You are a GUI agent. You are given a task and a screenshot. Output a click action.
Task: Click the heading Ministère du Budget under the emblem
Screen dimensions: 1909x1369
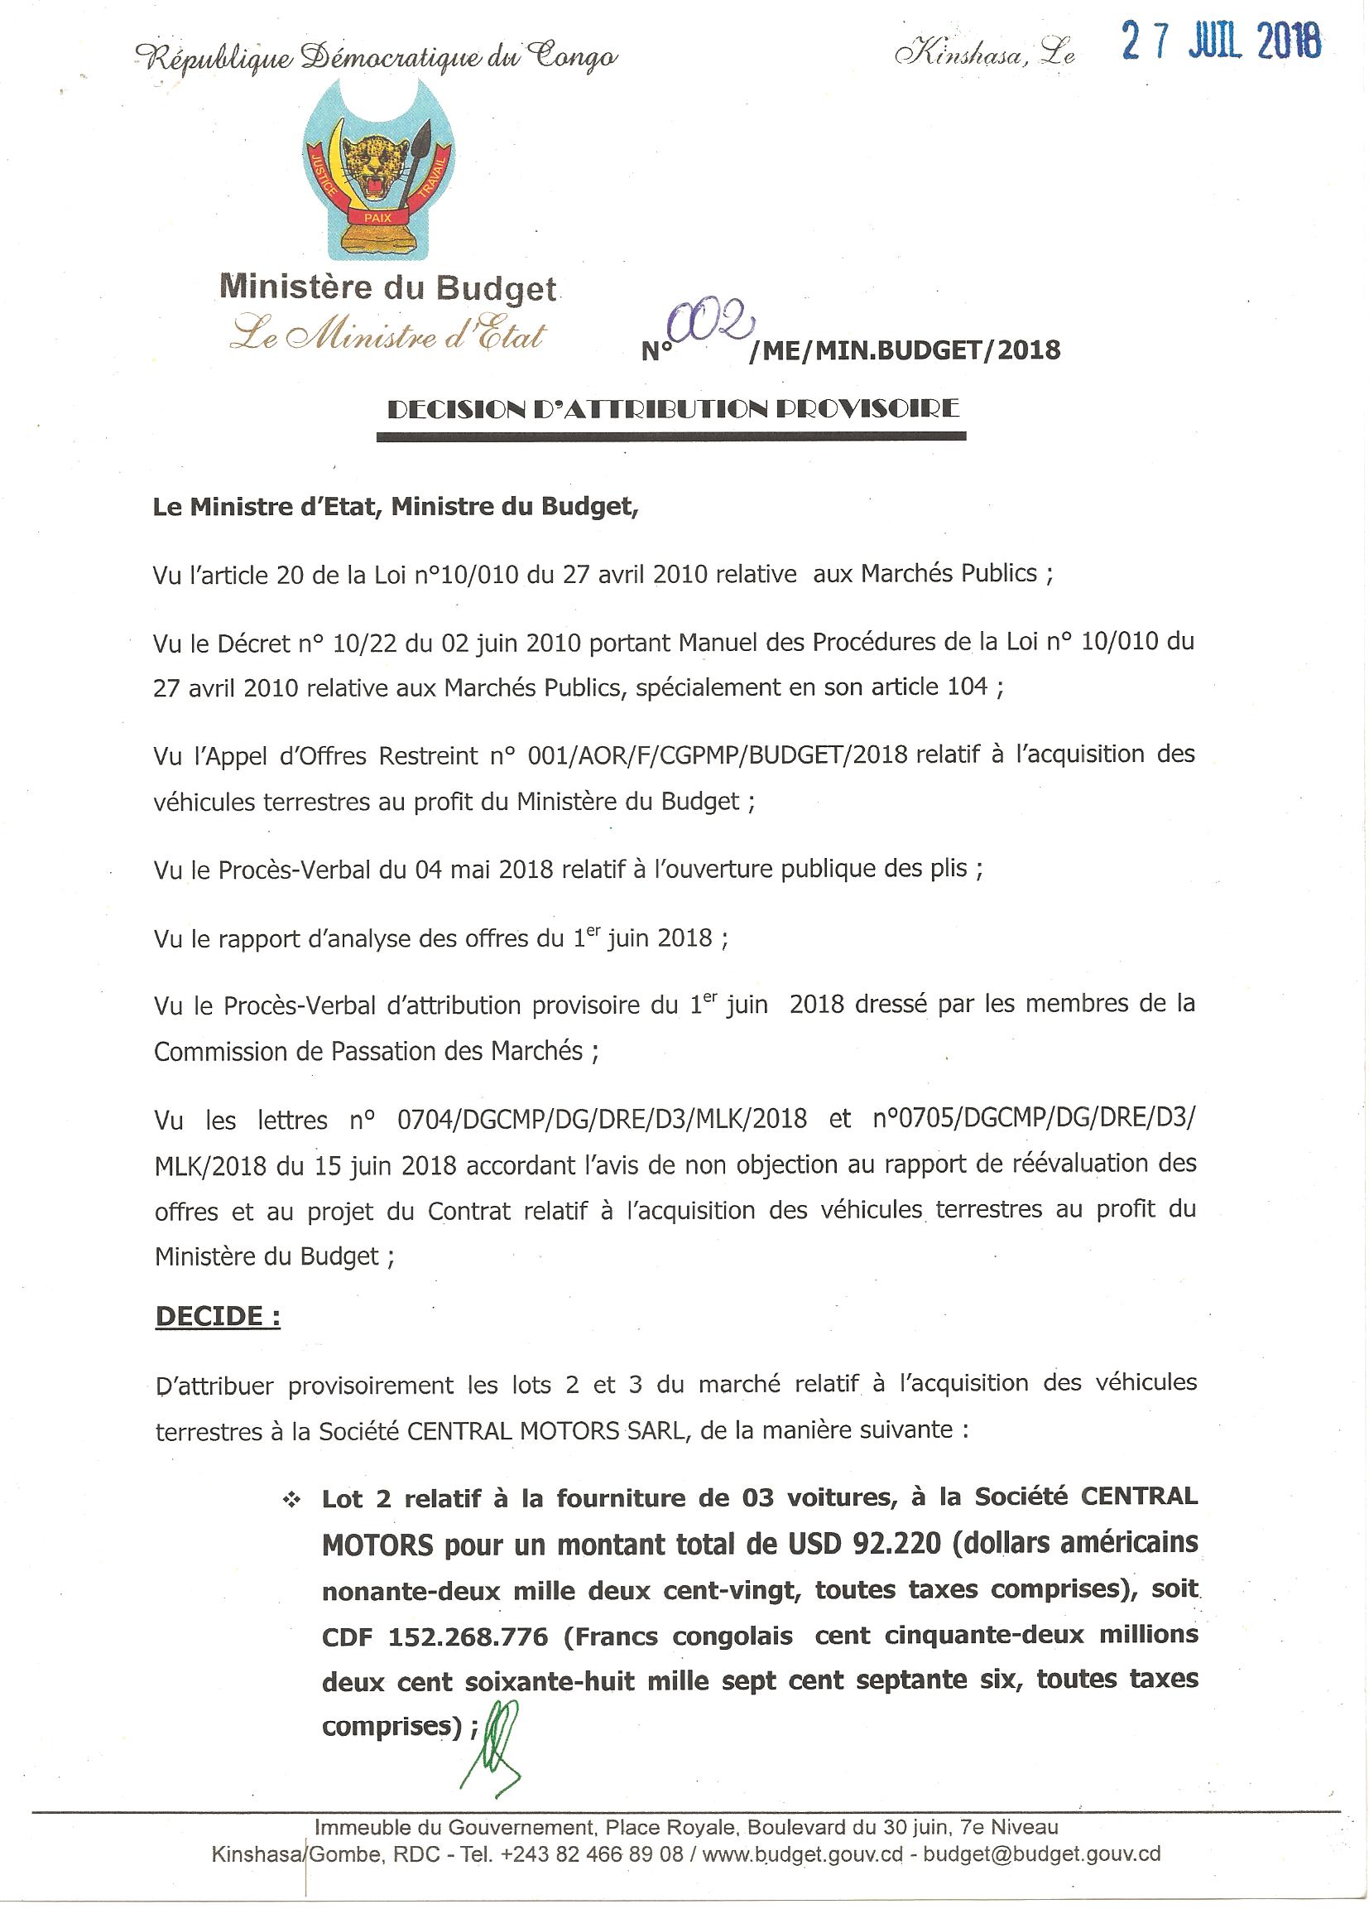388,288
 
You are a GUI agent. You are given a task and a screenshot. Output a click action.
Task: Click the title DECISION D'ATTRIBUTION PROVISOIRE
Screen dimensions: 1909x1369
672,410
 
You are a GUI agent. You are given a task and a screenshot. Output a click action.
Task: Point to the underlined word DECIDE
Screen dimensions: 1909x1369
217,1315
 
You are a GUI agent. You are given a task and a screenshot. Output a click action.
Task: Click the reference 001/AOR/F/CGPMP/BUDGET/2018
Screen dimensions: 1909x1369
717,754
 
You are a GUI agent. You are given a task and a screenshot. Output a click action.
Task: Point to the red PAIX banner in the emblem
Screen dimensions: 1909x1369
374,217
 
